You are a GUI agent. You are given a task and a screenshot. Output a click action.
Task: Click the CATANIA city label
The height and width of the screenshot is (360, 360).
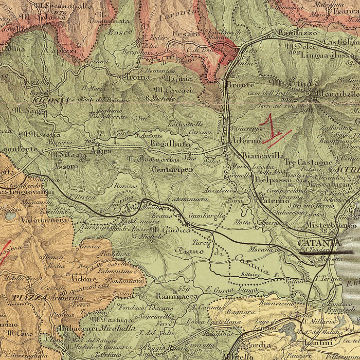tap(319, 242)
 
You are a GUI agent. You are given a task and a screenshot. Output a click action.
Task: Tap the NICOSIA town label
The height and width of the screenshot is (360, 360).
tap(50, 100)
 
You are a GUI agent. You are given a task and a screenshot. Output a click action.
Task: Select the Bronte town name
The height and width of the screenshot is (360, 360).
tap(240, 85)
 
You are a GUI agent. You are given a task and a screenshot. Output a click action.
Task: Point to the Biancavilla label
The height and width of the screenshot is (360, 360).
tap(263, 154)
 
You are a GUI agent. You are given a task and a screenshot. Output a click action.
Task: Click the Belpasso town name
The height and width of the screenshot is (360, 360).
tap(273, 181)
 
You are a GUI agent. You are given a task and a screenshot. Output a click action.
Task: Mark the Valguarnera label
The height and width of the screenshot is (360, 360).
tap(44, 219)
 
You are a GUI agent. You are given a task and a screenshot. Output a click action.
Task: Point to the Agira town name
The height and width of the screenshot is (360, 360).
tap(101, 151)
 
